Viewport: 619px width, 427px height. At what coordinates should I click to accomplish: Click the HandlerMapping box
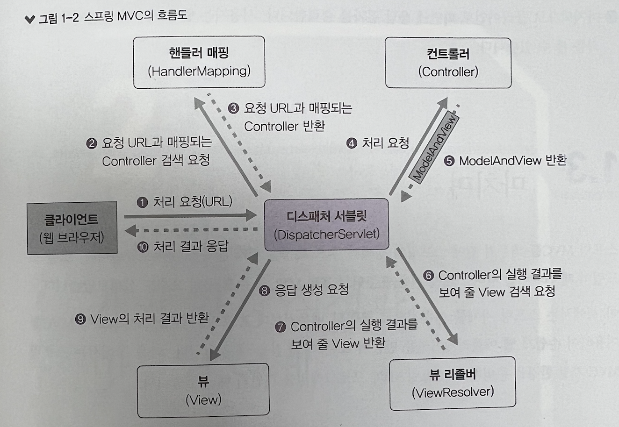coord(199,62)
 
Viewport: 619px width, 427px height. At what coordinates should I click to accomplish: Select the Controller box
coord(448,63)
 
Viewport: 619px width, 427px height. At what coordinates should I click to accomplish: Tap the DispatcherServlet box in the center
coord(326,225)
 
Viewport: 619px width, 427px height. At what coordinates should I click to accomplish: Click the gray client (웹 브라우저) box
coord(72,228)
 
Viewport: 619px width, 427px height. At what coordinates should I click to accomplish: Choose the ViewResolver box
coord(453,384)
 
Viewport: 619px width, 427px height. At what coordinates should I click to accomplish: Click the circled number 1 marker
coord(142,202)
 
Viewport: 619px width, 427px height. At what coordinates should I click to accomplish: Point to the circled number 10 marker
coord(143,246)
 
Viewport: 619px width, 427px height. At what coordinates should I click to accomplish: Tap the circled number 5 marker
coord(449,161)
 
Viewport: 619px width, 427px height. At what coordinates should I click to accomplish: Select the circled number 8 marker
coord(265,291)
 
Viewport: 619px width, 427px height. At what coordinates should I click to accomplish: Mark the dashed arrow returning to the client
coord(192,230)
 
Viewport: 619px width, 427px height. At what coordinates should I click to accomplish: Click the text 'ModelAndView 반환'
coord(512,161)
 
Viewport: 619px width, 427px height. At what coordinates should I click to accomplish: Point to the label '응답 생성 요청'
coord(311,290)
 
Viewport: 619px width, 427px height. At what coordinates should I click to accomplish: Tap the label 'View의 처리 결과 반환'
coord(149,319)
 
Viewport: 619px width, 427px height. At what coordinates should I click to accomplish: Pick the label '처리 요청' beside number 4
coord(386,143)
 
